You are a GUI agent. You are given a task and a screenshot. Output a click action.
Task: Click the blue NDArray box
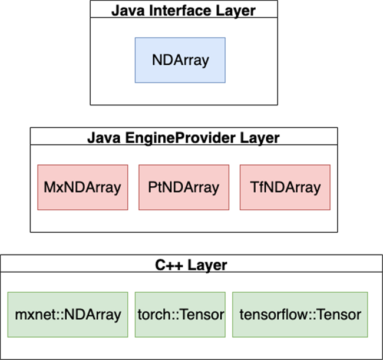[180, 60]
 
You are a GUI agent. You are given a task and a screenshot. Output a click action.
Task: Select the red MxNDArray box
[82, 187]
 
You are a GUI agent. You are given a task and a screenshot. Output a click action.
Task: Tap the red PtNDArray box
[184, 187]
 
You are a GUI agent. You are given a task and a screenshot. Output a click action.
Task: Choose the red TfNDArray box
[285, 187]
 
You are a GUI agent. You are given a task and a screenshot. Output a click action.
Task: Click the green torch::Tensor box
[180, 314]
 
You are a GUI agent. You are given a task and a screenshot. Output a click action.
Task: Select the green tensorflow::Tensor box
[300, 314]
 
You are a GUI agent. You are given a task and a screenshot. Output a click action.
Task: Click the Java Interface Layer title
[183, 9]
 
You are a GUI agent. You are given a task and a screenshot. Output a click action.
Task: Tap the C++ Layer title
[191, 265]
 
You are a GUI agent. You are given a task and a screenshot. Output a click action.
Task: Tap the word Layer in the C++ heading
[207, 265]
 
